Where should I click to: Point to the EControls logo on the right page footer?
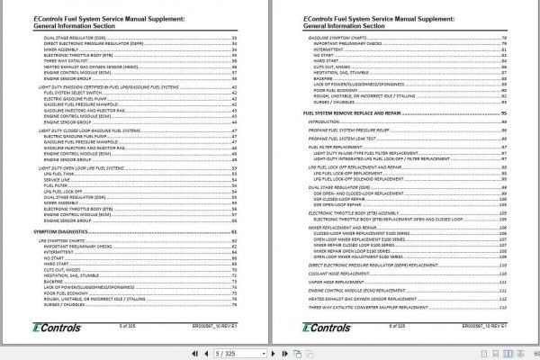click(319, 328)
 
